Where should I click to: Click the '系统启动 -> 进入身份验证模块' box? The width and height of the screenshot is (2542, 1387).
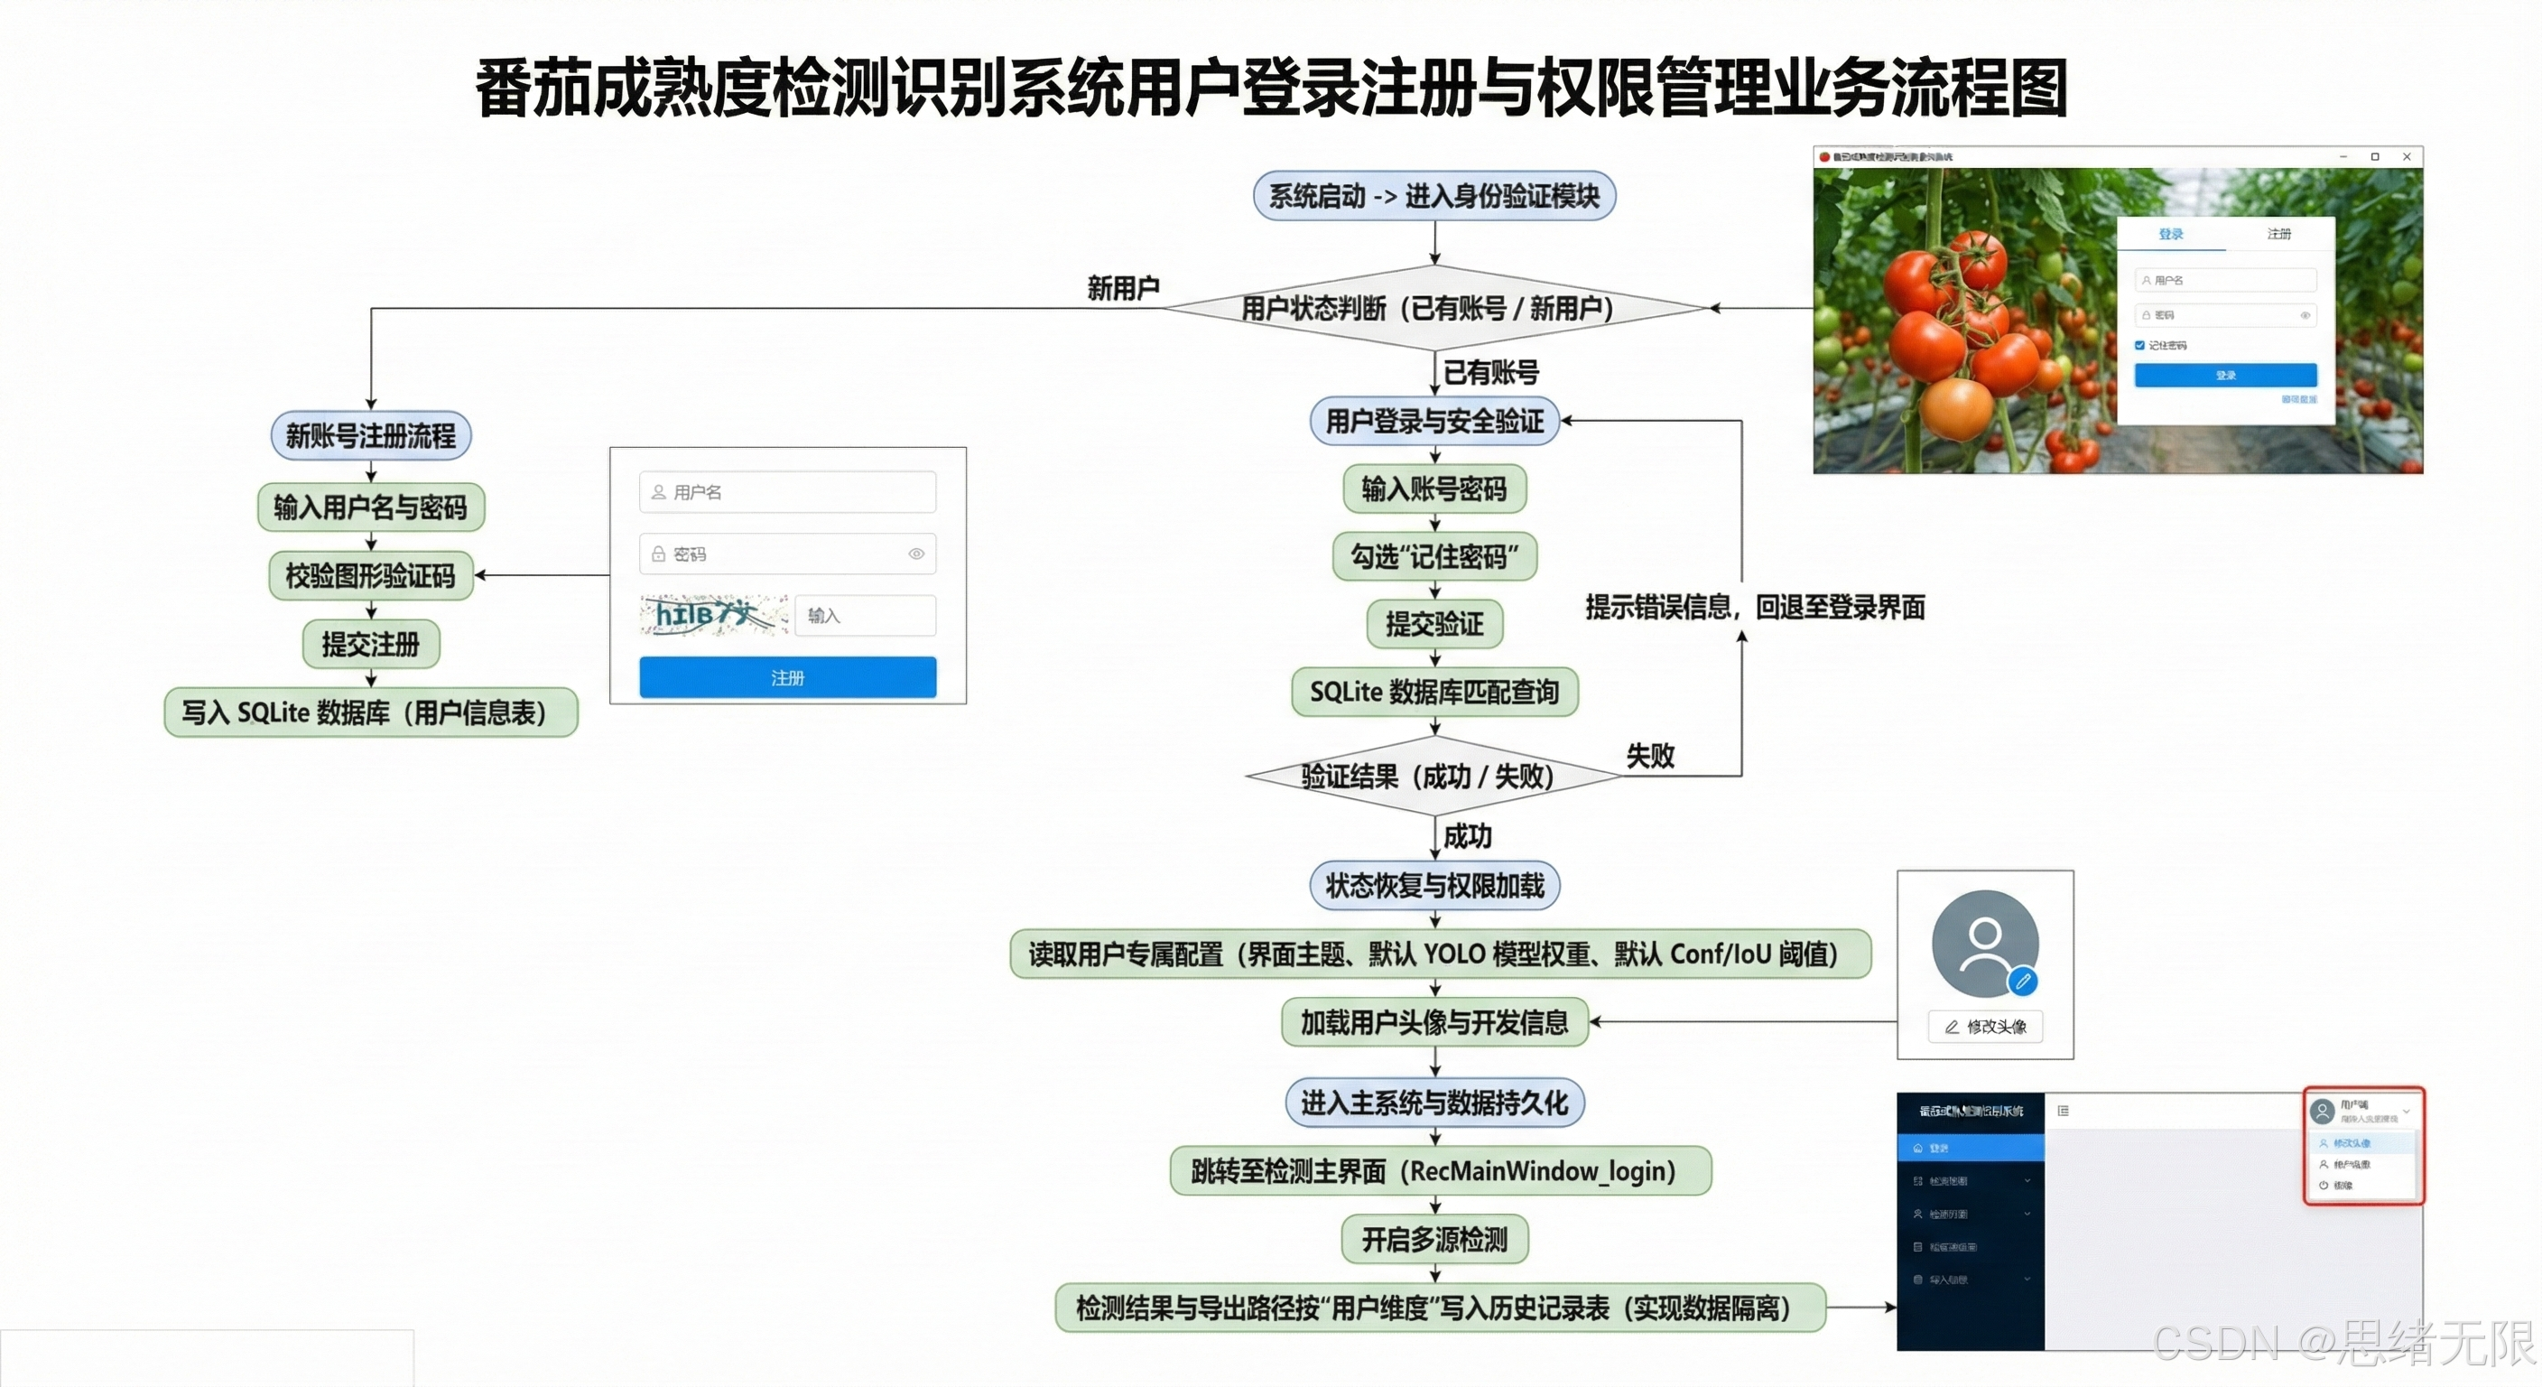(x=1433, y=195)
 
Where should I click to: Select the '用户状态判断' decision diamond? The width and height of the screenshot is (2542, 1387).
(x=1433, y=308)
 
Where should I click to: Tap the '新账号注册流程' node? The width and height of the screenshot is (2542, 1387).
(x=371, y=435)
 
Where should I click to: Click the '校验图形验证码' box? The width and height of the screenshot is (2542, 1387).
(x=371, y=575)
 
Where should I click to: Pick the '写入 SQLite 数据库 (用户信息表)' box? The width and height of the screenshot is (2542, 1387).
(x=371, y=712)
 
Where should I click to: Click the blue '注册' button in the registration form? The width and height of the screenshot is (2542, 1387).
(x=787, y=677)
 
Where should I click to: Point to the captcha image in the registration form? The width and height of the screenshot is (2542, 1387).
(x=713, y=614)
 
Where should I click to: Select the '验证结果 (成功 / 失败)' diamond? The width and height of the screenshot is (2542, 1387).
(x=1433, y=777)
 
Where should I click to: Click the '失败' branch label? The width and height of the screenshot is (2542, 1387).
(x=1650, y=756)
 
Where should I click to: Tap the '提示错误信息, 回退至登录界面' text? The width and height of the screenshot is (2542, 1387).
(x=1755, y=607)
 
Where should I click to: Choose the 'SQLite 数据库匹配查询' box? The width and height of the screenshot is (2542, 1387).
(x=1433, y=692)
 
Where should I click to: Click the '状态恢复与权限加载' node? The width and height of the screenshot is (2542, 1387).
(x=1433, y=886)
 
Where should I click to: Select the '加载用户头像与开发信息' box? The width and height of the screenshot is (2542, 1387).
(x=1433, y=1022)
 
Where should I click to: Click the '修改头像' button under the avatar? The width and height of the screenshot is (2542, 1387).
(x=1985, y=1027)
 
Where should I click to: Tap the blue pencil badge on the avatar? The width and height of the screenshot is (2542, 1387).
(x=2023, y=982)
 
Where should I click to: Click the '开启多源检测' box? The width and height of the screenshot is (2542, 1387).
(x=1433, y=1239)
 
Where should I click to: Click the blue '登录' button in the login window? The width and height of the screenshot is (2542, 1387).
(x=2225, y=375)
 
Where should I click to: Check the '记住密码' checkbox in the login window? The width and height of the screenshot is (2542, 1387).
(x=2139, y=346)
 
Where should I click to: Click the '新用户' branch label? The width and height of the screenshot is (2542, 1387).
(x=1123, y=288)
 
